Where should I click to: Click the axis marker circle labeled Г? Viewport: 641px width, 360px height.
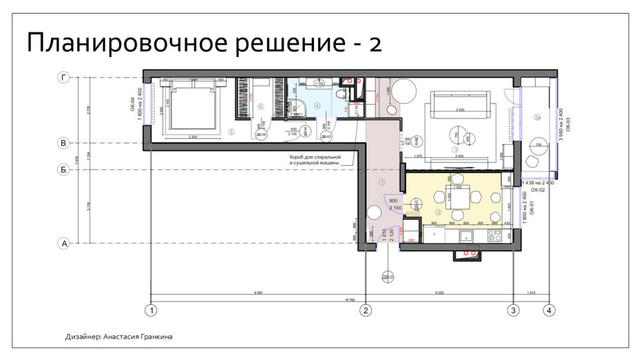click(x=63, y=77)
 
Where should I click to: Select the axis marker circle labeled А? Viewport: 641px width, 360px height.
click(x=63, y=243)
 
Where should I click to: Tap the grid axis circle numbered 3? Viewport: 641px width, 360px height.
click(x=513, y=310)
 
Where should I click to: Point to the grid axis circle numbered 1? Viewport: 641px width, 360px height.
click(x=152, y=310)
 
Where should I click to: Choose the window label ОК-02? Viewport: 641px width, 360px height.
click(x=537, y=191)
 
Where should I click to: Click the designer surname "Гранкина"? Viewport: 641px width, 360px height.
click(x=153, y=337)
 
